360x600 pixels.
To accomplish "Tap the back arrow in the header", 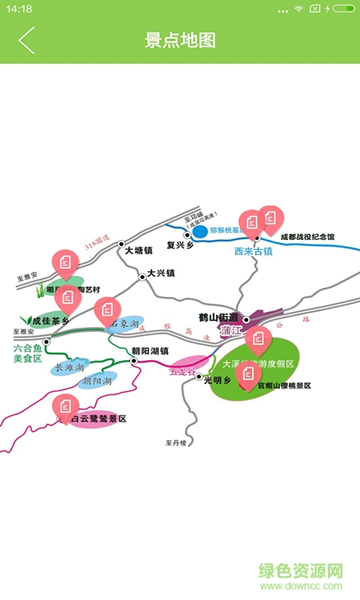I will [26, 40].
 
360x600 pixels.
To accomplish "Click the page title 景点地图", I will [180, 40].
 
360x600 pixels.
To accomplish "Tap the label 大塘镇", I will [138, 251].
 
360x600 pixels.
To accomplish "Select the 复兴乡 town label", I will [181, 244].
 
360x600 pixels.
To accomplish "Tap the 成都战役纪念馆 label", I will [307, 237].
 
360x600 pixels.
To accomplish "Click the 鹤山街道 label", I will [218, 317].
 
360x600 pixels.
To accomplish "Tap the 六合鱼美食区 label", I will [28, 354].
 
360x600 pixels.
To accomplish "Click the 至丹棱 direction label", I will [175, 442].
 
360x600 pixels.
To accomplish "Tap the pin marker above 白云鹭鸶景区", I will [65, 406].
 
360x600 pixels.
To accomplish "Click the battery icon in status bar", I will [343, 9].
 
